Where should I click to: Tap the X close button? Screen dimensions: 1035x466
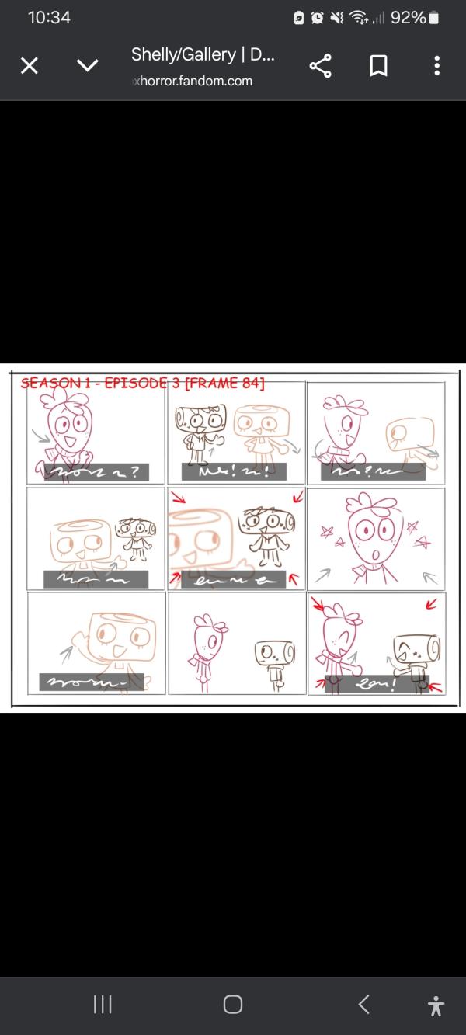pyautogui.click(x=29, y=66)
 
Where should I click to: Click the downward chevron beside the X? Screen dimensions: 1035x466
pyautogui.click(x=88, y=66)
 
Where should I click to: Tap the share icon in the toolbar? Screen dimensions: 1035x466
pyautogui.click(x=320, y=66)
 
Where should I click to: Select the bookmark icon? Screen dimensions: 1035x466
pyautogui.click(x=378, y=66)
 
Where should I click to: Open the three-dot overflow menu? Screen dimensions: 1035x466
pyautogui.click(x=437, y=66)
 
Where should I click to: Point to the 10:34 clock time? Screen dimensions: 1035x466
pyautogui.click(x=49, y=17)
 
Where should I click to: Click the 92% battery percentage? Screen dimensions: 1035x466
pyautogui.click(x=408, y=17)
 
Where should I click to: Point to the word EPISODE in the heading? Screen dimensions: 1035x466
pyautogui.click(x=130, y=383)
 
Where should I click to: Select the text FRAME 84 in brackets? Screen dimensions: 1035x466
pyautogui.click(x=224, y=383)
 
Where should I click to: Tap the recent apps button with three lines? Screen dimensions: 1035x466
pyautogui.click(x=103, y=1005)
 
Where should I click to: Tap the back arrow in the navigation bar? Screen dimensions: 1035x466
pyautogui.click(x=363, y=1005)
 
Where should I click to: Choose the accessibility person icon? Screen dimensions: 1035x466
pyautogui.click(x=436, y=1005)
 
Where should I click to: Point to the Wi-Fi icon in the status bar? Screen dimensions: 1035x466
pyautogui.click(x=359, y=17)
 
